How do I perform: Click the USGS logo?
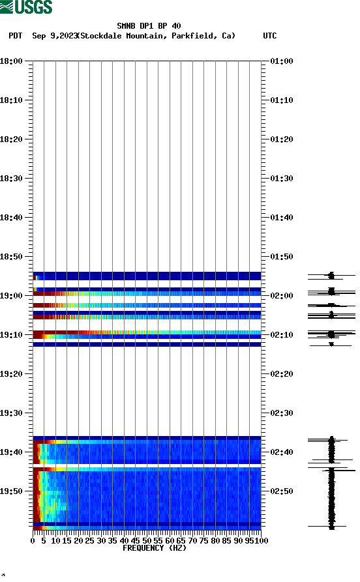[x=26, y=7]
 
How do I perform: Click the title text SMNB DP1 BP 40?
[x=149, y=26]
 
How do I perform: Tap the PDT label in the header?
[x=16, y=36]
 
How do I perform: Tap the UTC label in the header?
[x=269, y=36]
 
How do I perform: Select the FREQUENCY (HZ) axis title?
[x=155, y=548]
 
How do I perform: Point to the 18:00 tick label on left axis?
[x=12, y=61]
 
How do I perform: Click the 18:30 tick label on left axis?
[x=12, y=179]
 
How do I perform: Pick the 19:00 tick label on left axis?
[x=12, y=296]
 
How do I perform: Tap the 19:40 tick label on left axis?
[x=12, y=452]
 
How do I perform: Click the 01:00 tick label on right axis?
[x=281, y=61]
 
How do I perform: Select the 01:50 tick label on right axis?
[x=281, y=257]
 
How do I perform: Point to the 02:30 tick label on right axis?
[x=281, y=413]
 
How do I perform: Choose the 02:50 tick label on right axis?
[x=281, y=491]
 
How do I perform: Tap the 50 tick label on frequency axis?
[x=147, y=540]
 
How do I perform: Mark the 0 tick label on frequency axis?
[x=33, y=540]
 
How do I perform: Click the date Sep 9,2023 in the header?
[x=54, y=36]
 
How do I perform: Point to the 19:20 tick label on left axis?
[x=12, y=374]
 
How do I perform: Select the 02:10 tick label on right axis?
[x=281, y=335]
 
